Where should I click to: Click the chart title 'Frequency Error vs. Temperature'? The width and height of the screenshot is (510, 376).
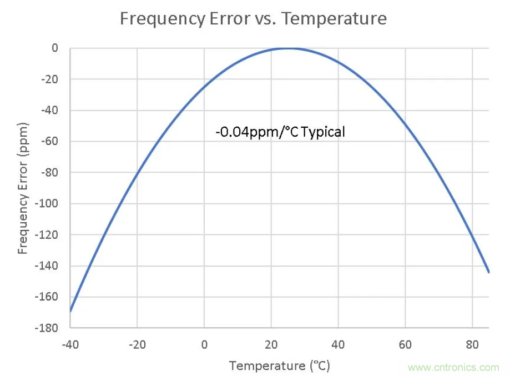[x=253, y=19]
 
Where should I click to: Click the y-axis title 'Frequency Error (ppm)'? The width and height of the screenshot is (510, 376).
[x=23, y=188]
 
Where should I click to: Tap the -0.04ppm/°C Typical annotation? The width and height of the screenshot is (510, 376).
[x=280, y=132]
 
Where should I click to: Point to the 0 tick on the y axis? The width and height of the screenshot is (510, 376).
[x=54, y=48]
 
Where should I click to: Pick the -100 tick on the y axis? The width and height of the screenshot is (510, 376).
[x=47, y=204]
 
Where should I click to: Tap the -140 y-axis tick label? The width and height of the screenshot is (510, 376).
[x=47, y=266]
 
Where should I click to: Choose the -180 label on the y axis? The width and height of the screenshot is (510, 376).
[x=47, y=328]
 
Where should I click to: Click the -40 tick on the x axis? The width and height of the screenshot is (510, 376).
[x=70, y=344]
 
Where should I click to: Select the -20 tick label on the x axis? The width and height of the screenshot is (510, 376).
[x=137, y=344]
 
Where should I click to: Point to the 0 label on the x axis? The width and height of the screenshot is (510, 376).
[x=204, y=344]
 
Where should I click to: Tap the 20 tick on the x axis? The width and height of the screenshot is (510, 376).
[x=271, y=344]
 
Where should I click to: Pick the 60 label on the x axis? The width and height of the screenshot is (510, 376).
[x=405, y=344]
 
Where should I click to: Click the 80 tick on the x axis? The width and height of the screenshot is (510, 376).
[x=472, y=344]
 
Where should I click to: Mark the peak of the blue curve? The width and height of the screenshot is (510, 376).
[x=289, y=48]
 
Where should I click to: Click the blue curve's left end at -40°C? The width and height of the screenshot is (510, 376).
[x=70, y=311]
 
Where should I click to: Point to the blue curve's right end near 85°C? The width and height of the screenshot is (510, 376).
[x=488, y=272]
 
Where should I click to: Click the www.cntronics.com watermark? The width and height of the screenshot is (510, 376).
[x=453, y=367]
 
